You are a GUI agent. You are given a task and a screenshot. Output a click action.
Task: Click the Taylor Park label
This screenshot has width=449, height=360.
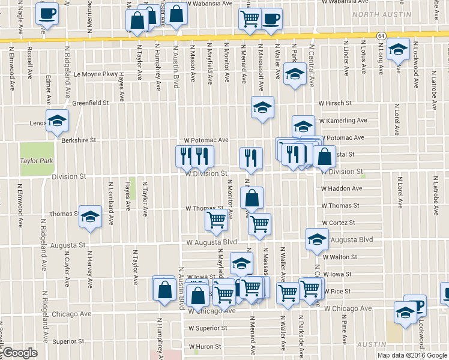37,161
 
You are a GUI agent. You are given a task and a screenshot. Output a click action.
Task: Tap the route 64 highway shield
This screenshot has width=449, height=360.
381,36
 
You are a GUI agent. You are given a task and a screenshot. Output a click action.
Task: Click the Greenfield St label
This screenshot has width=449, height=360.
90,103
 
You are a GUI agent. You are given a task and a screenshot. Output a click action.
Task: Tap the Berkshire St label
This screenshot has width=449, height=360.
79,140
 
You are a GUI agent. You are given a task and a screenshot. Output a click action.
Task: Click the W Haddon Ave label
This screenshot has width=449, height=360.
342,188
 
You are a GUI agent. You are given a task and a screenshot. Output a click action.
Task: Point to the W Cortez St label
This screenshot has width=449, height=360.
339,223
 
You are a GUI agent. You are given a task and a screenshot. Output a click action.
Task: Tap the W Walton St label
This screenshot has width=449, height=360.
340,257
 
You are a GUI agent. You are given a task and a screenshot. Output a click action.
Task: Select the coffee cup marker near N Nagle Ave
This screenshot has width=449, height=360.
47,13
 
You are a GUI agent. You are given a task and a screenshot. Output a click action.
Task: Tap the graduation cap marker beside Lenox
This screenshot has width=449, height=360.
57,121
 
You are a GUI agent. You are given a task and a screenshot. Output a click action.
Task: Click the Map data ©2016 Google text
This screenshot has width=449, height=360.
411,355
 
